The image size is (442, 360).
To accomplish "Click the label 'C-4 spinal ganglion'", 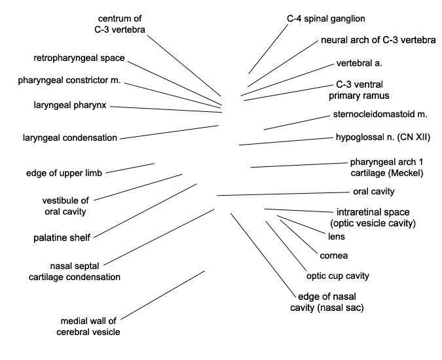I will point(325,18).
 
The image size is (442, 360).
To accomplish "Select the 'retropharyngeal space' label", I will point(79,58).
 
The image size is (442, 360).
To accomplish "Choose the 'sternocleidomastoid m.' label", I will point(380,115).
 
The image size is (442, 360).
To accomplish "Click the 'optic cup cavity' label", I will point(338,275).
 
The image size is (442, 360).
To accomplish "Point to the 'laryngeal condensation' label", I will point(69,138).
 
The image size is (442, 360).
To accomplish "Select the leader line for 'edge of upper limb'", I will point(130,168).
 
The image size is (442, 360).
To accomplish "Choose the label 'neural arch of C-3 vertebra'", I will point(378,41).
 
